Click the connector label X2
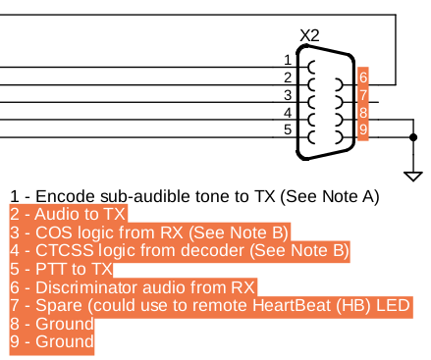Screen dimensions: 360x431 [310, 35]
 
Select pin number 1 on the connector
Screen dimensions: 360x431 [288, 60]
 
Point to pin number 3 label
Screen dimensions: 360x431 [288, 94]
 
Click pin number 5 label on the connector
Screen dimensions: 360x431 [288, 129]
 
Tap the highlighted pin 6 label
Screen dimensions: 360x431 [362, 77]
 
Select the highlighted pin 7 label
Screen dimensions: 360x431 [362, 95]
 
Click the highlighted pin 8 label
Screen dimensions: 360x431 [362, 113]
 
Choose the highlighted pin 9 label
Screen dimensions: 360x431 [362, 129]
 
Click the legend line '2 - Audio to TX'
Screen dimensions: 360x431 [68, 214]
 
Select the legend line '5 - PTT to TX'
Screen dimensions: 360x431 [61, 269]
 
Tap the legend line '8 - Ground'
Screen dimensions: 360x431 [51, 325]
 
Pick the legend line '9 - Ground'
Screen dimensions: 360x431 [51, 342]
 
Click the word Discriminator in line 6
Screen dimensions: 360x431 [83, 287]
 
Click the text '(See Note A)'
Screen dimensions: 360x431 [328, 196]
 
